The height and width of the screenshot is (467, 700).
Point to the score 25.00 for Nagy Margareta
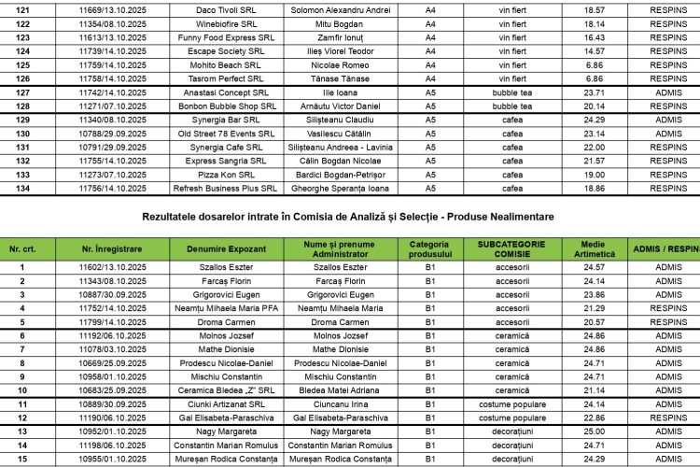tap(594, 432)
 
